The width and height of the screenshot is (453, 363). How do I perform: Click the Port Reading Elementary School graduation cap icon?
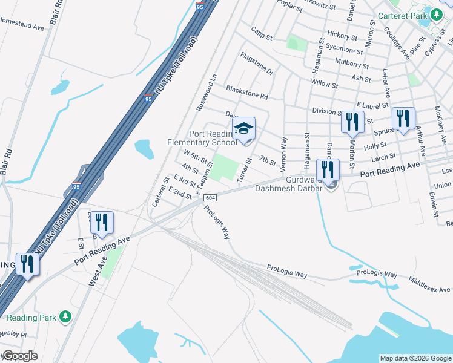tap(243, 128)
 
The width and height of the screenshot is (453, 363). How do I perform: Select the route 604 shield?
tap(210, 198)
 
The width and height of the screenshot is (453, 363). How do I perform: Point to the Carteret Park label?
tap(402, 16)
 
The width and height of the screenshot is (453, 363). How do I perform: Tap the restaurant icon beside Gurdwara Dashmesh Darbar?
tap(328, 169)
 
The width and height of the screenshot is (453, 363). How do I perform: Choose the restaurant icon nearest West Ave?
tap(101, 223)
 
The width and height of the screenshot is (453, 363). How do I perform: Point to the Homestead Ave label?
tap(22, 27)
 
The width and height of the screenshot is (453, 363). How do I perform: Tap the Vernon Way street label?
tap(283, 151)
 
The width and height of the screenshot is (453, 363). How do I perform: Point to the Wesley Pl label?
tap(13, 333)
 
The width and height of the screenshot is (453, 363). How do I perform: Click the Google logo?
tap(19, 356)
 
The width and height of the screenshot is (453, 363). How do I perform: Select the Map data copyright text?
tap(415, 358)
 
